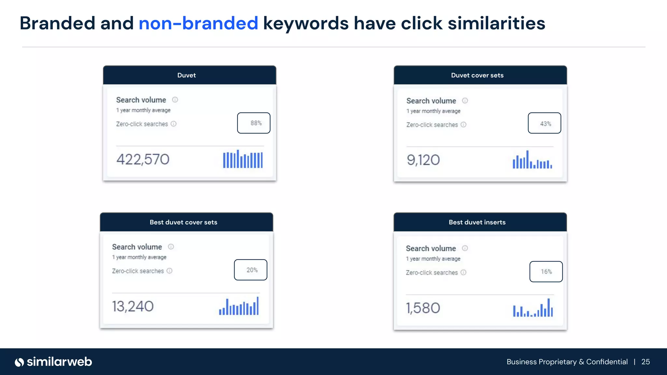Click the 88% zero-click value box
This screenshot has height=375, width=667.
coord(254,123)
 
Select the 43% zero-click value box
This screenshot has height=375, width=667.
coord(544,123)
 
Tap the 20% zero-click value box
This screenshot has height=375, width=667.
coord(250,270)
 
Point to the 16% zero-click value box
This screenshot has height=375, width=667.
coord(546,271)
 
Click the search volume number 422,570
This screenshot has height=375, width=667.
coord(143,160)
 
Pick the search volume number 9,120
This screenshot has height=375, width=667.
coord(423,160)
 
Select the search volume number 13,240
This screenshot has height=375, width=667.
coord(133,306)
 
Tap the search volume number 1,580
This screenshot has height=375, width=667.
coord(423,308)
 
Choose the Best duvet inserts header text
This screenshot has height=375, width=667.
coord(477,222)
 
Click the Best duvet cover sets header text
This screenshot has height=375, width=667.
coord(183,222)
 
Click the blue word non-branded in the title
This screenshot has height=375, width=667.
coord(198,23)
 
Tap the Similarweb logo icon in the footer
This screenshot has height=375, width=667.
coord(20,362)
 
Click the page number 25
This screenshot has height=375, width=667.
coord(646,362)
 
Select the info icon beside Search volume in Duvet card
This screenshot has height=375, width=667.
coord(175,100)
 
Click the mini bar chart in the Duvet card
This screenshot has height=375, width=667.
coord(243,159)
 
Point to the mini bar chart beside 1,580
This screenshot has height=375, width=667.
coord(533,308)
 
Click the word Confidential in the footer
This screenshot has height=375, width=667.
coord(607,362)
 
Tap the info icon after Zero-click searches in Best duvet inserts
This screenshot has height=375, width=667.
coord(463,272)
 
